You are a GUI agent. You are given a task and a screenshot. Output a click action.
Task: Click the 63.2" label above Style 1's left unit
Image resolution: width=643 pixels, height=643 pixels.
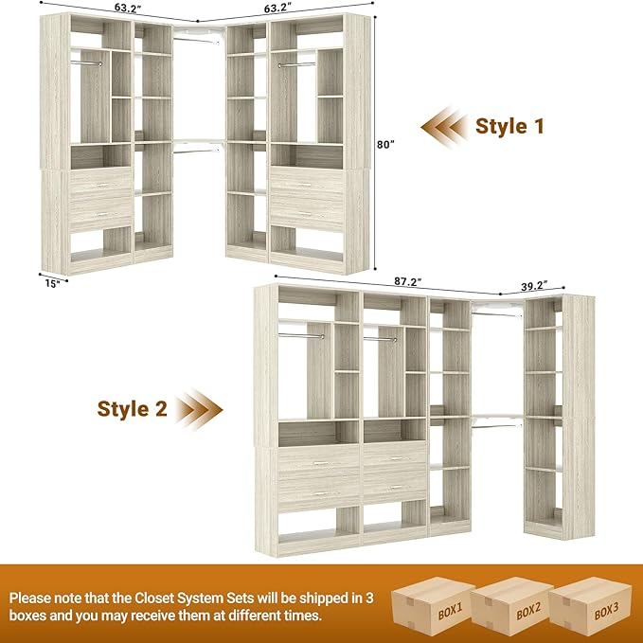127,9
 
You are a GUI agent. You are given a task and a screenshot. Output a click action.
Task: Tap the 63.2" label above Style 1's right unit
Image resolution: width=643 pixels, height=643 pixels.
277,9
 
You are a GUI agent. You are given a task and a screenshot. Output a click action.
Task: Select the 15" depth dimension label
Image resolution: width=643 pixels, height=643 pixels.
54,282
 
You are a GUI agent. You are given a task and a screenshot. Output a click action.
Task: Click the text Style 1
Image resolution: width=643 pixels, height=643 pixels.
509,126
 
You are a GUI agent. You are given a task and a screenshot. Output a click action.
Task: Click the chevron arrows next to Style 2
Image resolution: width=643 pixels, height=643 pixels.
201,409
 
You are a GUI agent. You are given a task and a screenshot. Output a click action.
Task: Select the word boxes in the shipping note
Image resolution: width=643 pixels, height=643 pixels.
34,616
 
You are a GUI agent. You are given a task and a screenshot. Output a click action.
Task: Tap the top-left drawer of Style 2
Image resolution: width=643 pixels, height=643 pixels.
319,459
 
